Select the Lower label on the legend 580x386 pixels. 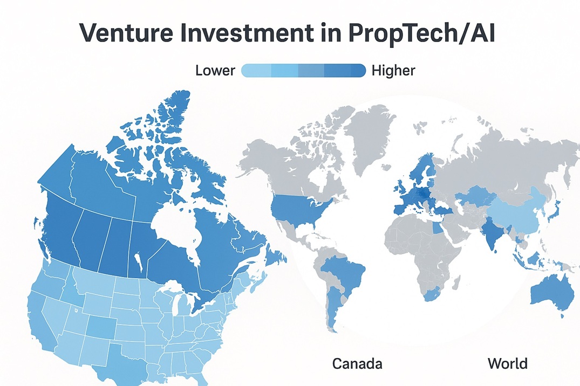pos(215,70)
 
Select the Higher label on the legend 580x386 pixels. pos(393,70)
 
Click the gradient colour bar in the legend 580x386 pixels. pos(303,70)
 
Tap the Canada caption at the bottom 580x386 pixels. pos(357,363)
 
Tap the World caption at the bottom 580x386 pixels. pos(508,363)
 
